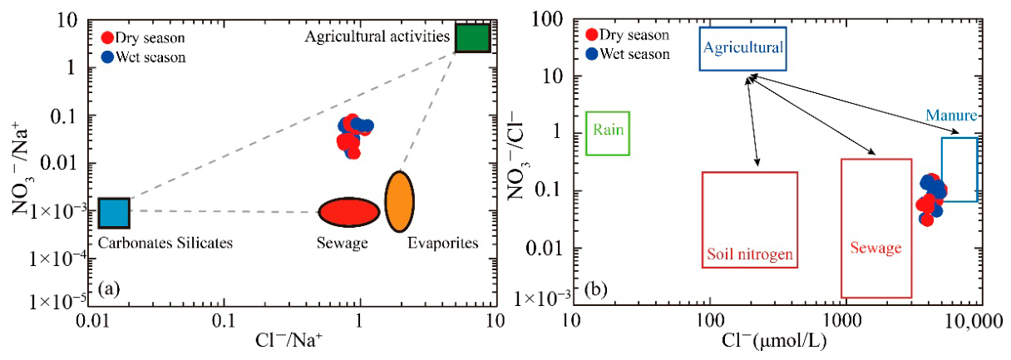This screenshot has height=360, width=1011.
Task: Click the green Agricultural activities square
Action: [x=472, y=38]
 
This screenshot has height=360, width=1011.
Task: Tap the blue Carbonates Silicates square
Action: [x=114, y=213]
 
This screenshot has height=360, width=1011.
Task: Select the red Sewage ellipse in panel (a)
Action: [x=349, y=211]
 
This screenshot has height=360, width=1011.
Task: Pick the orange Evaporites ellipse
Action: [x=399, y=201]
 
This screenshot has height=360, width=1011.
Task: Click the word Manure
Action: [x=951, y=116]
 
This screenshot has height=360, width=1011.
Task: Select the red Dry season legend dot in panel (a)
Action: [x=107, y=37]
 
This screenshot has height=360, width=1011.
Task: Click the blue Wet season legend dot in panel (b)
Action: [x=592, y=54]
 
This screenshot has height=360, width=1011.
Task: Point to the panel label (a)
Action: [x=109, y=288]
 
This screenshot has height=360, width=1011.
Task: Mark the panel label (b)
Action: [x=595, y=288]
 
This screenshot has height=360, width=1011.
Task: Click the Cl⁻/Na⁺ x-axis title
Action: [x=289, y=340]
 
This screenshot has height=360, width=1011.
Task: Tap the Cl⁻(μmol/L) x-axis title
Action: [x=774, y=341]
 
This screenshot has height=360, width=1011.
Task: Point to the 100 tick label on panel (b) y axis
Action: [x=547, y=19]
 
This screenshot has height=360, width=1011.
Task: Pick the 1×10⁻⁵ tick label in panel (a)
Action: [x=58, y=300]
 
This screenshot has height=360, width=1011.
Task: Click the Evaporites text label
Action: [x=443, y=243]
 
